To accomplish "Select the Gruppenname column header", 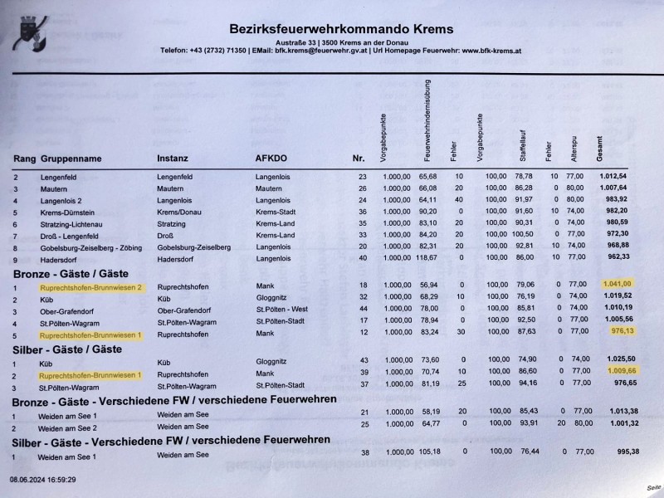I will (x=73, y=158).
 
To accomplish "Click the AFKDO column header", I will (x=271, y=158).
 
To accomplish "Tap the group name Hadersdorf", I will (x=59, y=258).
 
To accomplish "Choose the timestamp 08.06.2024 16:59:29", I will (x=43, y=480).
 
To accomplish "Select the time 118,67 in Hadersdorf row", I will (x=427, y=258).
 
